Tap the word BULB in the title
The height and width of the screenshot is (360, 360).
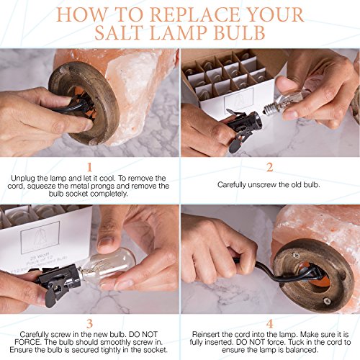click(239, 32)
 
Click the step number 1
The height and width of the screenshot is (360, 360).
click(89, 167)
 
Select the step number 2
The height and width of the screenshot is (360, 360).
click(270, 167)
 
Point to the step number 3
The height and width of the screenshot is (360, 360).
click(89, 324)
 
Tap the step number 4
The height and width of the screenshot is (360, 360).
click(270, 324)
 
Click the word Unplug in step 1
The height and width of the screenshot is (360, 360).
click(23, 179)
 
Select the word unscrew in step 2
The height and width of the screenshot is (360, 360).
click(262, 185)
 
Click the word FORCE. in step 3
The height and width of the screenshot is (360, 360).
click(29, 342)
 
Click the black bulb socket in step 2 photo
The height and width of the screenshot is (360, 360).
click(243, 128)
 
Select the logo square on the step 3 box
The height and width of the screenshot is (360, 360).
click(40, 238)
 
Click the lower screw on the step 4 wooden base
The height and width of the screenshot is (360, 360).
click(327, 300)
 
